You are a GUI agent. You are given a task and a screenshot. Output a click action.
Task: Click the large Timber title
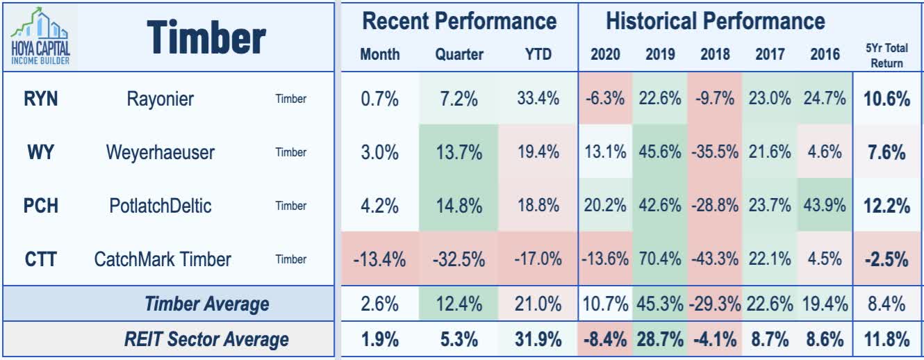[x=206, y=38]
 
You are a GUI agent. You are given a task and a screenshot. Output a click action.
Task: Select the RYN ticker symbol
[x=40, y=99]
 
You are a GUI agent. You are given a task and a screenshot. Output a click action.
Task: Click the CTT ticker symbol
[x=40, y=259]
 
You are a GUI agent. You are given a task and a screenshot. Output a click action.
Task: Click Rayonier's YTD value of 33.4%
[x=538, y=99]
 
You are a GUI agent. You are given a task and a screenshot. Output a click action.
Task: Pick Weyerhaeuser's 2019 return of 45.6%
[x=659, y=152]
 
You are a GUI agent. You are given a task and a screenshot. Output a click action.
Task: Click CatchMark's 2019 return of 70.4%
[x=659, y=260]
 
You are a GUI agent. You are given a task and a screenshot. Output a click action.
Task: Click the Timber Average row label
[x=206, y=304]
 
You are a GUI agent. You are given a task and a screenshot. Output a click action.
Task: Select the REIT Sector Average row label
[x=206, y=339]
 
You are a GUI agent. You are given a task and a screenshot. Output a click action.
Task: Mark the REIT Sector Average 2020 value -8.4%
[x=605, y=339]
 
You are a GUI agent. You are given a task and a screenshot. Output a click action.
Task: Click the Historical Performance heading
[x=715, y=21]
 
